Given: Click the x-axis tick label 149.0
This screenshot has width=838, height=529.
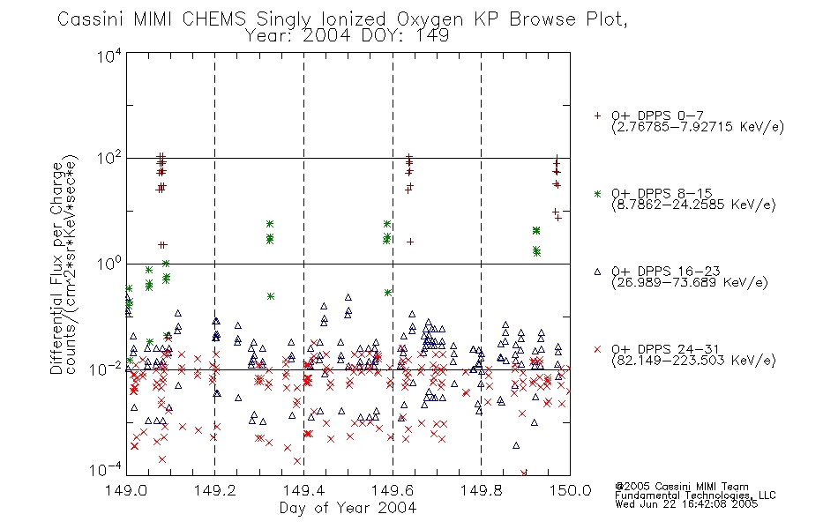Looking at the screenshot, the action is point(126,490).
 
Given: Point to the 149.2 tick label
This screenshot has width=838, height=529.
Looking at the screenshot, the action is point(215,490).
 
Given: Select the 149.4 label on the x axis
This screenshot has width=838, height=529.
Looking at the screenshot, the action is point(303,490).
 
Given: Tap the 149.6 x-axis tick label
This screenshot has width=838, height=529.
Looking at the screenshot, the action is point(393,490).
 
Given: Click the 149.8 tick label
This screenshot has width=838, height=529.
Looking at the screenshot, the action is point(481,490).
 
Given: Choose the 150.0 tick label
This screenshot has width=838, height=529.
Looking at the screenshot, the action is point(570,490).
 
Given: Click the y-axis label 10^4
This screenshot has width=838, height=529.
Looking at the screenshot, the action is point(109,56).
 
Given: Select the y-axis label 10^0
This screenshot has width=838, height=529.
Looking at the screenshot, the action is point(109,264).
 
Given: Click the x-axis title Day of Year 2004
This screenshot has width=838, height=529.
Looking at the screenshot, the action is point(348,508).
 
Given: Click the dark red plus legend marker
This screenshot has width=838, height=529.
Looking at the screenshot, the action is point(597,115).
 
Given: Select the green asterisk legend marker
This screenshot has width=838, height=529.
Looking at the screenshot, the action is point(597,193).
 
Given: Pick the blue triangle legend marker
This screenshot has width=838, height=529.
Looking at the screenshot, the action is point(597,272).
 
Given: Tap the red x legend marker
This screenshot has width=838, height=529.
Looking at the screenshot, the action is point(597,349).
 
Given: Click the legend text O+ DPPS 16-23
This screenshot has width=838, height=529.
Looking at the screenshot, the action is point(666,272).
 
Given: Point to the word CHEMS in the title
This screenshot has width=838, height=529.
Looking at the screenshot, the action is point(213,19).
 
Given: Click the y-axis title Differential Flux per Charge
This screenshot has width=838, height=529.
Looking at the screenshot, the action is point(57,268).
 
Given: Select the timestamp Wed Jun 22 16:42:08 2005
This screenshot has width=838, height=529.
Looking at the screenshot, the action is point(686,504).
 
